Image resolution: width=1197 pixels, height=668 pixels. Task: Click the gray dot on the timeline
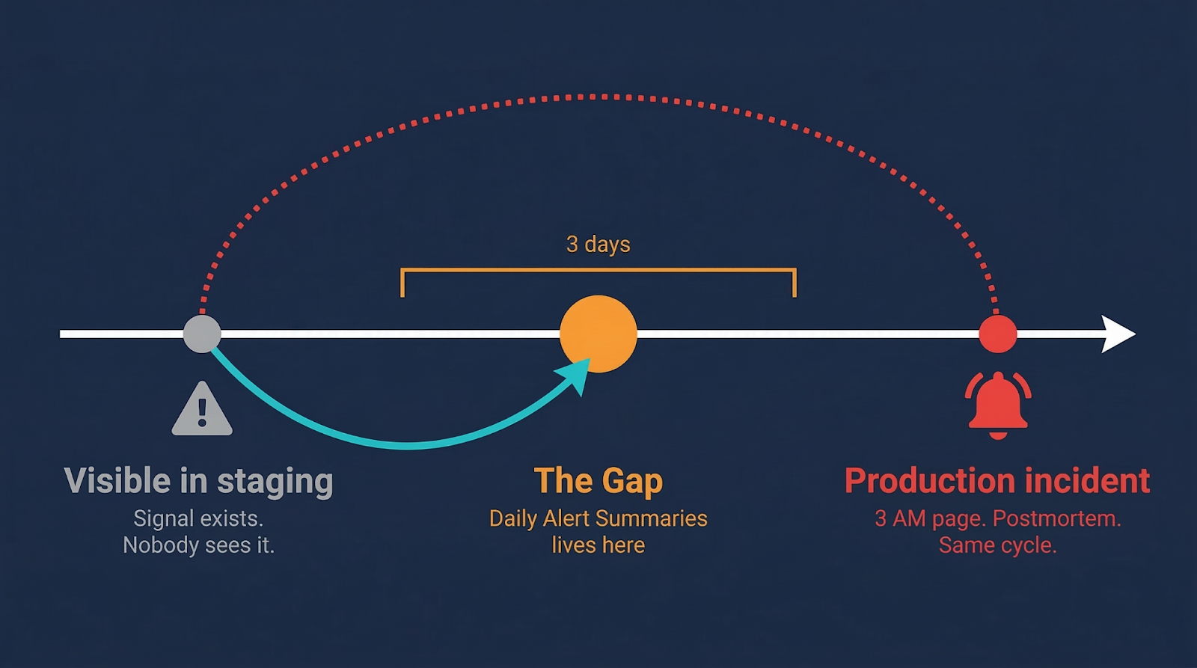[x=202, y=334]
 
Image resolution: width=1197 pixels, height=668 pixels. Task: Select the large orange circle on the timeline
[x=598, y=334]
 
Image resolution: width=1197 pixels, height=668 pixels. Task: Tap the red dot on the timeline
[x=998, y=334]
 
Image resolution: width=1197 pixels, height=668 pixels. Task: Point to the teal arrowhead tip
[x=590, y=359]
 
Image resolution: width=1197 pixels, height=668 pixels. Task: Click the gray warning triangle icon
[x=202, y=409]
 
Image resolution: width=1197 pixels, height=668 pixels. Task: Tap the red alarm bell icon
[x=998, y=405]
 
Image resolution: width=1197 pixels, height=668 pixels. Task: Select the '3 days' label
[x=598, y=244]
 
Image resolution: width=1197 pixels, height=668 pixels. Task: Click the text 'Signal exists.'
[x=198, y=518]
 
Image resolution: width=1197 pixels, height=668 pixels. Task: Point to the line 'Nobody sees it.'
[x=198, y=545]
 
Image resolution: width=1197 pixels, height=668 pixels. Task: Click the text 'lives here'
[x=598, y=545]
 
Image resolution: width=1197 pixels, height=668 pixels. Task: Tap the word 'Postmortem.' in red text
[x=1056, y=518]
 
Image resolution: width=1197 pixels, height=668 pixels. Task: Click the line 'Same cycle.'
[x=998, y=545]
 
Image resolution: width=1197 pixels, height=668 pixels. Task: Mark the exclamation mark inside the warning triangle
[x=202, y=413]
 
